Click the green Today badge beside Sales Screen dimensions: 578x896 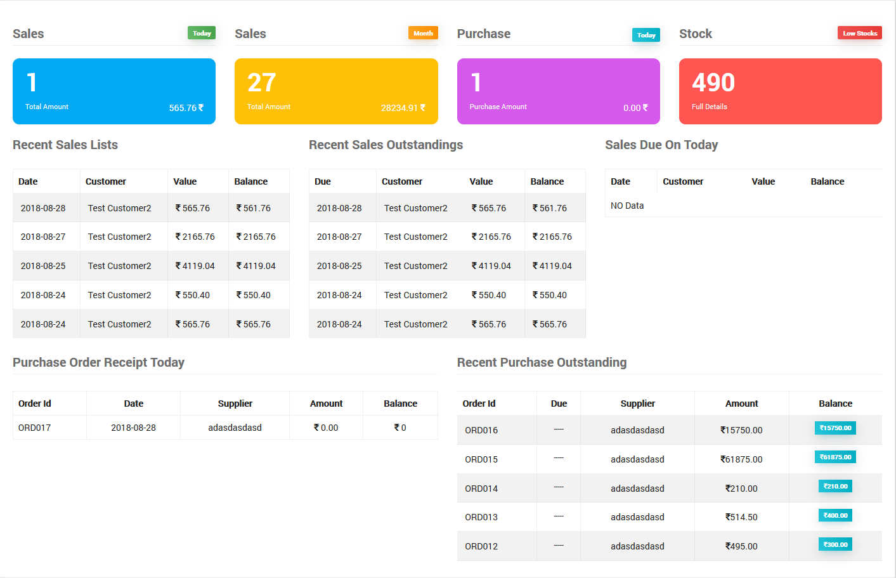click(202, 33)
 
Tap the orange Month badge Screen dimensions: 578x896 click(423, 33)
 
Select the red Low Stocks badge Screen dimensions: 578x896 click(859, 33)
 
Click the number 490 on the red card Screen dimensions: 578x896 click(713, 82)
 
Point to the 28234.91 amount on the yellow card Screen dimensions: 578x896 click(403, 108)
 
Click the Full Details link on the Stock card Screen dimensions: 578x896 click(709, 107)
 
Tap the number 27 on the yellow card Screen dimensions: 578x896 click(262, 82)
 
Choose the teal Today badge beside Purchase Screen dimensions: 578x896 click(646, 35)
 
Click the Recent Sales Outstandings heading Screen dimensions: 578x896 click(386, 145)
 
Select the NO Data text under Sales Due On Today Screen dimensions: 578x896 click(627, 206)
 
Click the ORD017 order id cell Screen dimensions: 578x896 click(34, 428)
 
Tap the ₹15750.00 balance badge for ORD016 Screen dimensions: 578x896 click(835, 428)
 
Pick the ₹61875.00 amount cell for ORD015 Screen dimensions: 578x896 click(741, 459)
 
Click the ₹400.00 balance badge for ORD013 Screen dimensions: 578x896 click(835, 516)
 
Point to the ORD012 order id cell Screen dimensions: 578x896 click(481, 546)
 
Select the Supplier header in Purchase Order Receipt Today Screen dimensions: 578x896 click(235, 404)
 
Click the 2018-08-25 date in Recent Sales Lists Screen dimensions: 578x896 click(43, 266)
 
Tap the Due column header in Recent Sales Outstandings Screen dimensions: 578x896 click(323, 181)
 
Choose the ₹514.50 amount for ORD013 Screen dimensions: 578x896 click(741, 517)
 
